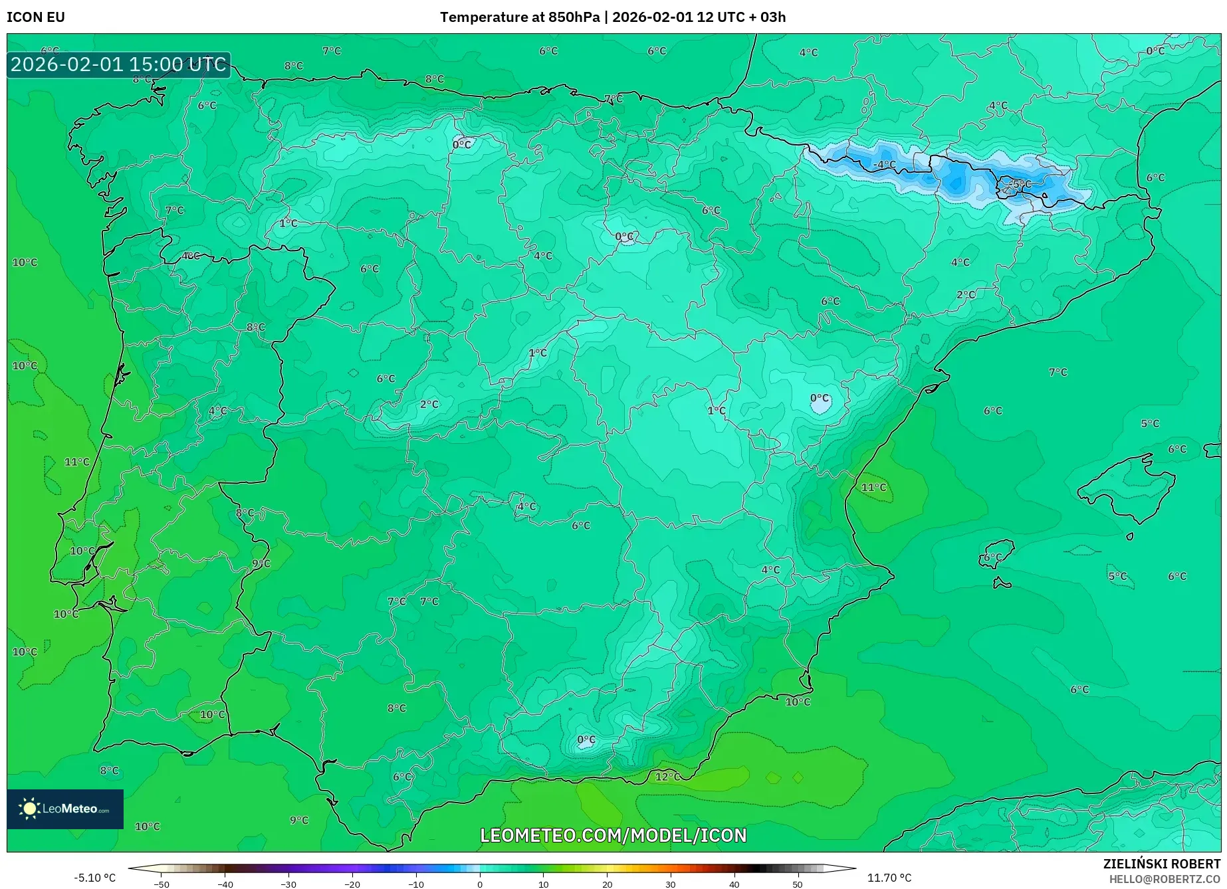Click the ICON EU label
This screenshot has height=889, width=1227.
(x=36, y=17)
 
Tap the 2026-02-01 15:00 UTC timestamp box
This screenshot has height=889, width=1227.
(x=118, y=64)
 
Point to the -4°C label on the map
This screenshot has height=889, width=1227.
(x=884, y=164)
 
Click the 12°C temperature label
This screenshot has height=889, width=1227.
(x=668, y=776)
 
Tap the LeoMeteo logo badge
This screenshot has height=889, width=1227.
(x=65, y=809)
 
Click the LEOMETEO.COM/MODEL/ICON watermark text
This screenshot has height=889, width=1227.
(x=613, y=835)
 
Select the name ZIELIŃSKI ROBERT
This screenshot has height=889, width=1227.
(x=1161, y=864)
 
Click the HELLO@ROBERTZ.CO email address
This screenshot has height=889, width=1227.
(x=1165, y=879)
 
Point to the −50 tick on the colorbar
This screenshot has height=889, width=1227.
(x=162, y=884)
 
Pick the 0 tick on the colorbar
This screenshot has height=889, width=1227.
(x=480, y=884)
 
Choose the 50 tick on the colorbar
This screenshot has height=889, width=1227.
(x=798, y=884)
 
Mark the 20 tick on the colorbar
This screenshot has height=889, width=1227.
(x=607, y=884)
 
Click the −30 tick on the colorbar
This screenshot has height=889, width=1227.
(x=288, y=884)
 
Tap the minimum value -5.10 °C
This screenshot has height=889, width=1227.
(x=94, y=878)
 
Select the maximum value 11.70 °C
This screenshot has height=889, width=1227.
(x=889, y=878)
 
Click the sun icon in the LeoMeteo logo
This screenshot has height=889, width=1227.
(x=29, y=808)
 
